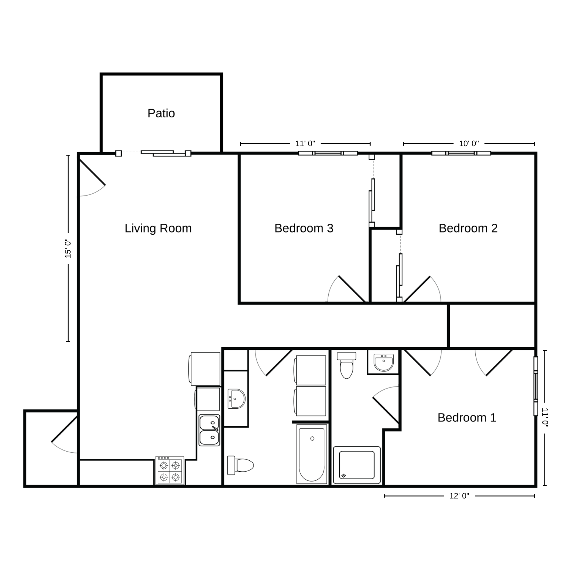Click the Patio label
point(161,113)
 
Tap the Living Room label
point(158,228)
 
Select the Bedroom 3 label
point(304,228)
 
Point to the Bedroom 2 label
point(468,228)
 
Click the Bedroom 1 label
point(467,417)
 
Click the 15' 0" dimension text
point(68,248)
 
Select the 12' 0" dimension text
point(459,496)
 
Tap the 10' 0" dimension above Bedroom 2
point(469,143)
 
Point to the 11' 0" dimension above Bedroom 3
point(305,143)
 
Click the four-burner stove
point(170,470)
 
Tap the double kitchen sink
point(209,430)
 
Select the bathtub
point(312,454)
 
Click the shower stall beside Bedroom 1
point(357,465)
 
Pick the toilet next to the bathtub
point(240,465)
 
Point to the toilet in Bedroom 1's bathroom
point(347,365)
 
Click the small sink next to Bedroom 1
point(384,362)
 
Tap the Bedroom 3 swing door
point(348,289)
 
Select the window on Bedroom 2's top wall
point(461,153)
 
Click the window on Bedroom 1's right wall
point(536,386)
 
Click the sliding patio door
point(153,153)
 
